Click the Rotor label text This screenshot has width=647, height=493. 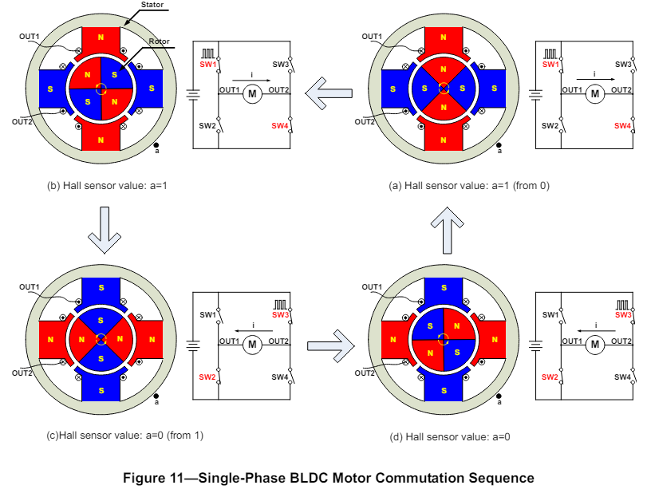pyautogui.click(x=159, y=41)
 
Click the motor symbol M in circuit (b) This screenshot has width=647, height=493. pyautogui.click(x=252, y=94)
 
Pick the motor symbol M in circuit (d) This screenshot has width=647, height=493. pyautogui.click(x=594, y=345)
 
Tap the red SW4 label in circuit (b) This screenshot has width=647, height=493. pyautogui.click(x=280, y=126)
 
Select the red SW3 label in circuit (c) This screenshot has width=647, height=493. pyautogui.click(x=280, y=315)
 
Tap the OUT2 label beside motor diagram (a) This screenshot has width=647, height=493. pyautogui.click(x=365, y=121)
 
